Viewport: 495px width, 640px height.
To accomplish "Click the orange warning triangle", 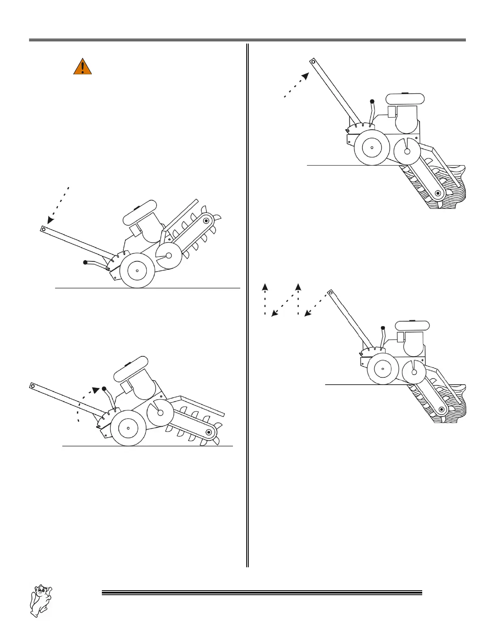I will click(82, 67).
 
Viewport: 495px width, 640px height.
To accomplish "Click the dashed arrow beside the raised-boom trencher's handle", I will click(59, 204).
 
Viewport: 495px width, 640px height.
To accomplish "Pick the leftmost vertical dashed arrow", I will click(265, 299).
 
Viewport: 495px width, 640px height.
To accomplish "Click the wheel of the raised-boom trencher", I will click(137, 270).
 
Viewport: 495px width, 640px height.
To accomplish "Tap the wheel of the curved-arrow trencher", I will click(128, 428).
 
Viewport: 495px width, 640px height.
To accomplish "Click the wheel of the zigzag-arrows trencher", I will click(382, 368).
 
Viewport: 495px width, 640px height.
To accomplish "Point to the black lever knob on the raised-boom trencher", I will click(85, 263).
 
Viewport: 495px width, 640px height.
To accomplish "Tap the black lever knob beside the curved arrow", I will click(104, 389).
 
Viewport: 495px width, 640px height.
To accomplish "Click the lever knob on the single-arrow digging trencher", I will click(372, 101).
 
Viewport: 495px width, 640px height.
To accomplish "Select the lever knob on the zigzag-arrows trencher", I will click(383, 327).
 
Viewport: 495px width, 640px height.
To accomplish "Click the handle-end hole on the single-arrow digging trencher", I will click(313, 62).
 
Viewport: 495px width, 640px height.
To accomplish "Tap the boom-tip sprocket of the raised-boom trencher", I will click(207, 221).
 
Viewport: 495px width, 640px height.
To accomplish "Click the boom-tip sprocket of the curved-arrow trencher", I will click(209, 432).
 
